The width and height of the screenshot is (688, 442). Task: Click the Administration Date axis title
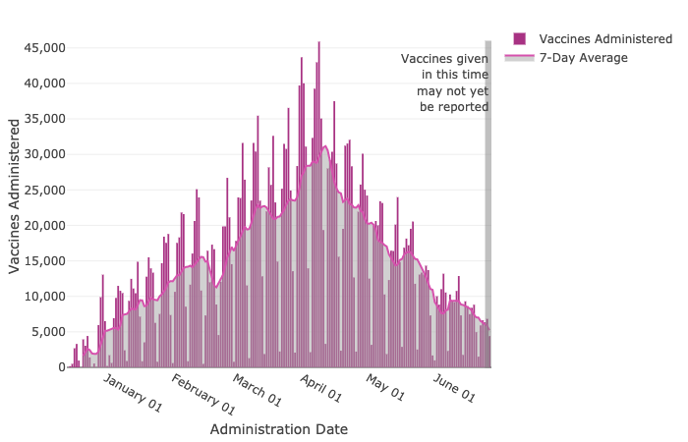coord(278,429)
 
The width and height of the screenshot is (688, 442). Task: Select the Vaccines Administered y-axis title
coord(15,195)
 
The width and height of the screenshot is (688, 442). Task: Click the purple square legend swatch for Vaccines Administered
coord(520,38)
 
